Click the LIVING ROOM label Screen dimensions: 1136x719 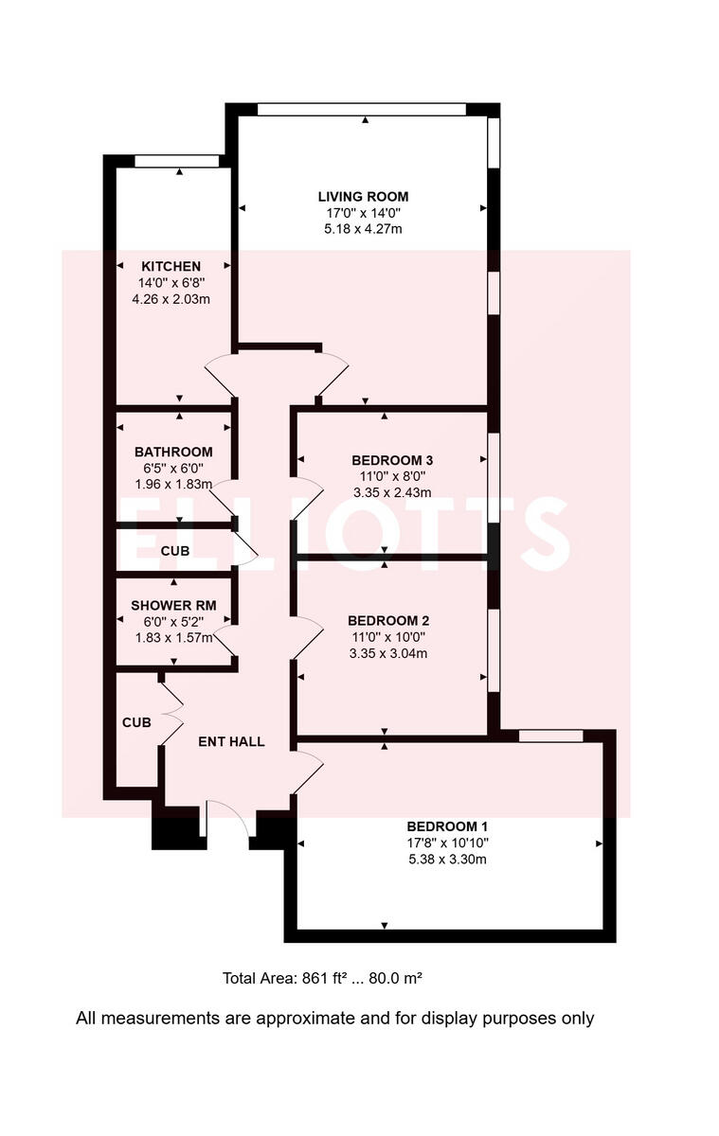pos(363,197)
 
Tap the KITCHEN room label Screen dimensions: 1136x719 pos(171,266)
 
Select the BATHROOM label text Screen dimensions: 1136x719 pos(173,452)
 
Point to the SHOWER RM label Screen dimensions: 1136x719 pos(171,605)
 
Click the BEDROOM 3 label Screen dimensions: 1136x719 pos(386,460)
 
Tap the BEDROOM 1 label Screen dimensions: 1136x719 pos(448,825)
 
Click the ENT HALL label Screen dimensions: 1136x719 pos(231,741)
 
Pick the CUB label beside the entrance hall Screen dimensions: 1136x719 pos(136,722)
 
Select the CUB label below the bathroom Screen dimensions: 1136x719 pos(175,550)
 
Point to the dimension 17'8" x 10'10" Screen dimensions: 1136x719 pos(448,843)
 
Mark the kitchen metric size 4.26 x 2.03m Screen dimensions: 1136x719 pos(171,298)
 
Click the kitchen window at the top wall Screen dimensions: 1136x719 pos(176,161)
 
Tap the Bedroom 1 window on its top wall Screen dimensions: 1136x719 pos(550,736)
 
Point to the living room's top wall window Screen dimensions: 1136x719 pos(362,110)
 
